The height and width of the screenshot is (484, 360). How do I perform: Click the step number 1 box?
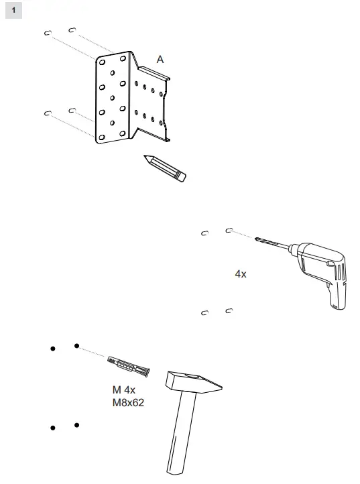coord(13,10)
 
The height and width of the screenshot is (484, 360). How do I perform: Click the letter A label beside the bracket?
coord(160,60)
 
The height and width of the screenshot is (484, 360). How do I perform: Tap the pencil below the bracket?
coord(165,167)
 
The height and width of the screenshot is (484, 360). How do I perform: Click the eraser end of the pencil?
coord(180,176)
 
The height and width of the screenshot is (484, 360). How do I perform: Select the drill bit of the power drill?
coord(272,243)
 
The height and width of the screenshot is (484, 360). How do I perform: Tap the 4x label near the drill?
coord(241,274)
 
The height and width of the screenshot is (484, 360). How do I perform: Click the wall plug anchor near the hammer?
coord(129,367)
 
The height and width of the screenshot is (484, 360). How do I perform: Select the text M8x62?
coord(128,404)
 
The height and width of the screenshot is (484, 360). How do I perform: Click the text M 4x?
coord(124,391)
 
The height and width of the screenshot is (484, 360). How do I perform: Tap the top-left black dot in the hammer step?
coord(51,349)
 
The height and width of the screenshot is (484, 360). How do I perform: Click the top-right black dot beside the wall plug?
coord(77,346)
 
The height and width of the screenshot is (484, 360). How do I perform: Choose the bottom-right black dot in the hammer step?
coord(77,425)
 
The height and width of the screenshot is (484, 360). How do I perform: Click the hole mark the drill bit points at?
coord(229,231)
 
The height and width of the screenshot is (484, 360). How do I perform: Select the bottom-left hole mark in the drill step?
coord(205,312)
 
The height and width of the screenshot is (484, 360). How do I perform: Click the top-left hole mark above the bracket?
coord(48,33)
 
